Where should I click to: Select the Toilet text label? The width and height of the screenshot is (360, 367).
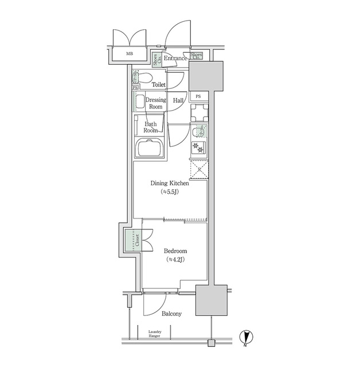(158, 84)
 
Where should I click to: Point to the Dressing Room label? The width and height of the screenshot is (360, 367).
(155, 103)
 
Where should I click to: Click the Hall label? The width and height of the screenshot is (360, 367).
(178, 100)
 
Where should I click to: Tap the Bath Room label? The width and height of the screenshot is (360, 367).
(151, 127)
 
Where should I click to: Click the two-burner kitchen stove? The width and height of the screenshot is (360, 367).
(198, 147)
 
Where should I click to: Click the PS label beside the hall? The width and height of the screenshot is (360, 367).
(198, 96)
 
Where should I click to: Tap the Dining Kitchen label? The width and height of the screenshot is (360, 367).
(170, 183)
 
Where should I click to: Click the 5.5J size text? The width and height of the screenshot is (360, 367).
(170, 193)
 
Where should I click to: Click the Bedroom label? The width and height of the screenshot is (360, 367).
(175, 251)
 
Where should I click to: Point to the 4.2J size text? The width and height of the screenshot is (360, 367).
(175, 260)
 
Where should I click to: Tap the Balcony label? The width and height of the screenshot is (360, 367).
(171, 314)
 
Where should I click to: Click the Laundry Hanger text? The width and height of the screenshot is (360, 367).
(155, 334)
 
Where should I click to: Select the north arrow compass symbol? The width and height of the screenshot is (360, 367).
(245, 339)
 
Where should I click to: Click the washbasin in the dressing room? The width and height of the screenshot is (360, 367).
(139, 103)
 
